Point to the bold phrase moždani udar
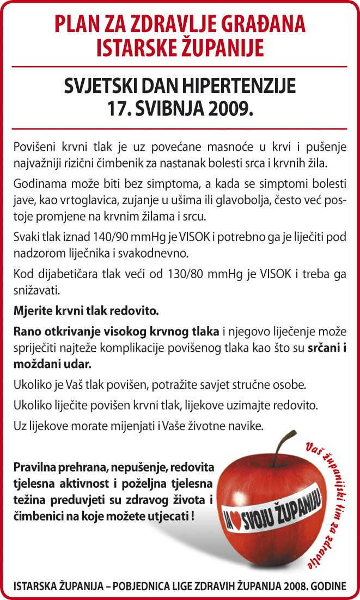coord(52,362)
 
